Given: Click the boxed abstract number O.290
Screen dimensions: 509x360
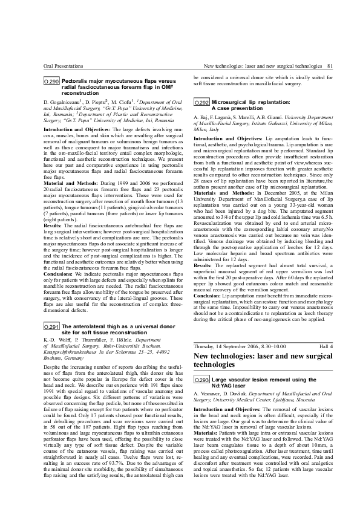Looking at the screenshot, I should click(52, 81).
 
